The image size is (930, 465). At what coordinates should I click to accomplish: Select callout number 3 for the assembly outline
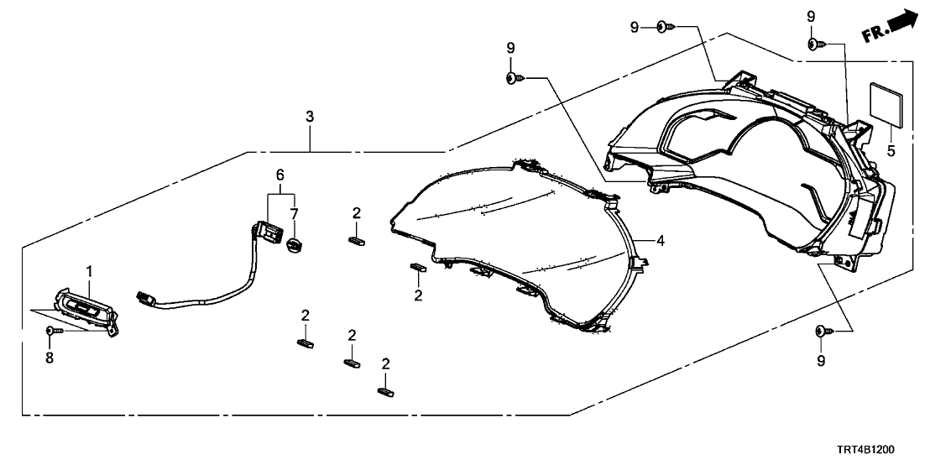[x=310, y=116]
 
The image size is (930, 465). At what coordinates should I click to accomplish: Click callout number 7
[x=294, y=215]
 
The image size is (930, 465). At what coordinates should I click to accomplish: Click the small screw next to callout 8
[x=54, y=332]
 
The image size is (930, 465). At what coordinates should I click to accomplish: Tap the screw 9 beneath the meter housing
[x=822, y=332]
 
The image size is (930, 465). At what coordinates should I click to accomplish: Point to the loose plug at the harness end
[x=145, y=297]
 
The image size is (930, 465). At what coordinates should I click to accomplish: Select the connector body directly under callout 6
[x=269, y=232]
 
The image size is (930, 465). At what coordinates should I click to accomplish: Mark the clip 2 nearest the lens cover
[x=417, y=268]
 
